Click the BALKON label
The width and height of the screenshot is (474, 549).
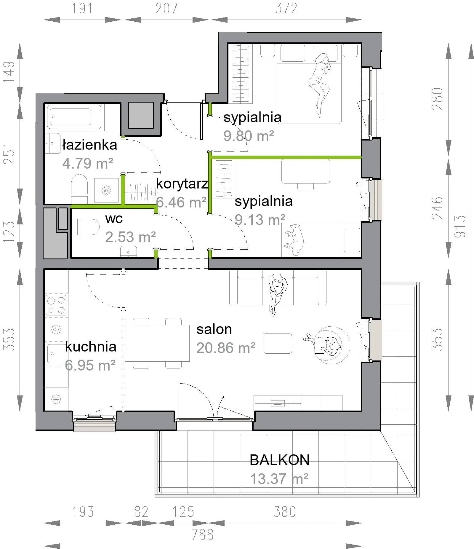pos(279,460)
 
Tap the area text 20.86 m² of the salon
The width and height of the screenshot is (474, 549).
pos(226,348)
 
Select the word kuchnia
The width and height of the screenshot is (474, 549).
pos(91,347)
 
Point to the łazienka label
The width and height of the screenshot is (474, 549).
pos(90,145)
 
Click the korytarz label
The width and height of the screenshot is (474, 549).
pos(182,184)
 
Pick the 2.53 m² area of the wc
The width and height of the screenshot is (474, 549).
pos(130,237)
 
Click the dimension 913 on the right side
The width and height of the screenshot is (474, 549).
pos(460,226)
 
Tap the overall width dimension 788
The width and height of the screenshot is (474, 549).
pos(203,534)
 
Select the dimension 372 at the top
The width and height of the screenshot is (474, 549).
pos(286,9)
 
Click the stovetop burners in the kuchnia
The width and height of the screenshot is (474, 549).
pos(56,305)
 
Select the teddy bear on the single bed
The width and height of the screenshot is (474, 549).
pos(293,240)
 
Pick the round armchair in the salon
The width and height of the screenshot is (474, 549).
pos(331,345)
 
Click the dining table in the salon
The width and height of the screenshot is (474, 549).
pos(157,343)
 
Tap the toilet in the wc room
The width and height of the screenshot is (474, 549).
pos(86,227)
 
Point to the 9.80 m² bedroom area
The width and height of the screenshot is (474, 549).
pos(249,136)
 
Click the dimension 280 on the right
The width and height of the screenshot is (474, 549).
pos(437,99)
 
